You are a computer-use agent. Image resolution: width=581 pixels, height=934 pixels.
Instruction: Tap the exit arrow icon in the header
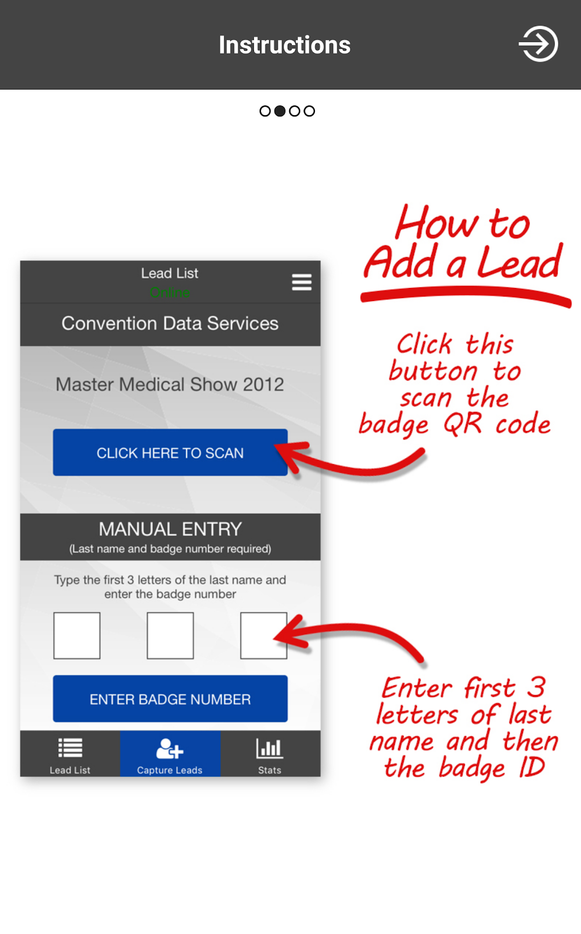click(x=538, y=44)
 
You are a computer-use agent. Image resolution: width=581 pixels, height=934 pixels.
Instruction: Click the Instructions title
click(x=284, y=45)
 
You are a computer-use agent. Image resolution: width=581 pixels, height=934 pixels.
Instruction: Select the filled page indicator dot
click(x=280, y=111)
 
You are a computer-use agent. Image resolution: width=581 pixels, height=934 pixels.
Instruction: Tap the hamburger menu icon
click(x=301, y=282)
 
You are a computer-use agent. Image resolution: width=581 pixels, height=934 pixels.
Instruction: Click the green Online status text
click(x=170, y=293)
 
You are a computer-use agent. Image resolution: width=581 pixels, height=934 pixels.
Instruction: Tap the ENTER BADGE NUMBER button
click(x=170, y=699)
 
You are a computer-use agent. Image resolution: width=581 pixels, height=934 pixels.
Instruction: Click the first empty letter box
click(x=77, y=635)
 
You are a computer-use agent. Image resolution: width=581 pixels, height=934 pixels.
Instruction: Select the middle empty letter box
click(x=170, y=635)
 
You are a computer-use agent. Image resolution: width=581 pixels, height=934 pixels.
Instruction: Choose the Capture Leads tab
click(x=170, y=753)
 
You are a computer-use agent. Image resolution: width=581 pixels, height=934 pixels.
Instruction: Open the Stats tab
click(x=270, y=753)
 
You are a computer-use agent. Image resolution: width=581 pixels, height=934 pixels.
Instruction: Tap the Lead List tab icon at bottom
click(x=70, y=748)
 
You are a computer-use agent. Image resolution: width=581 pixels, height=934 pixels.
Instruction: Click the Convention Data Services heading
click(x=170, y=323)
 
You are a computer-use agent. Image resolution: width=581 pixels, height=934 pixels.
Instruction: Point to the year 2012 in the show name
click(x=263, y=384)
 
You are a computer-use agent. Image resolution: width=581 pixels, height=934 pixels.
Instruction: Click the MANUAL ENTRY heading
click(x=170, y=529)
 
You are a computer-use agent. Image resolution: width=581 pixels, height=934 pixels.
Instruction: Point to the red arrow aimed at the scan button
click(x=358, y=470)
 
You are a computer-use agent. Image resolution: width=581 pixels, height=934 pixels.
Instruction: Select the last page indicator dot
click(x=309, y=111)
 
